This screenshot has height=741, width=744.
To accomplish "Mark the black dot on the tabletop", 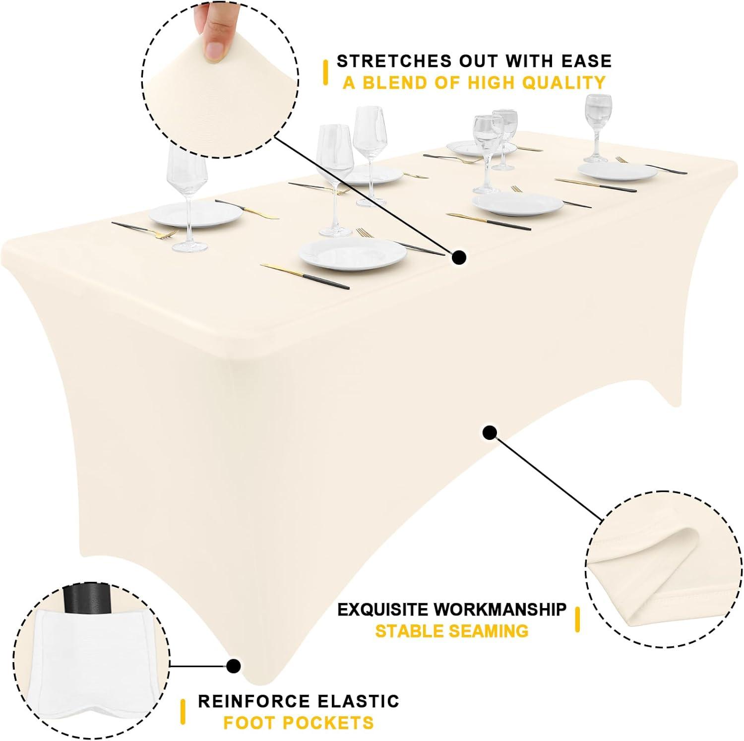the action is (459, 257).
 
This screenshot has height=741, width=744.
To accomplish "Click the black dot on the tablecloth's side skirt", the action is (490, 432).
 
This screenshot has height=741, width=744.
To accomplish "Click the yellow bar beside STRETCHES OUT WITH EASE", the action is (325, 72).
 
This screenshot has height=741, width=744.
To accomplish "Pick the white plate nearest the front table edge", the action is (353, 254).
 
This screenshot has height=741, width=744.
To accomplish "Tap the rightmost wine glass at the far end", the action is (595, 128).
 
